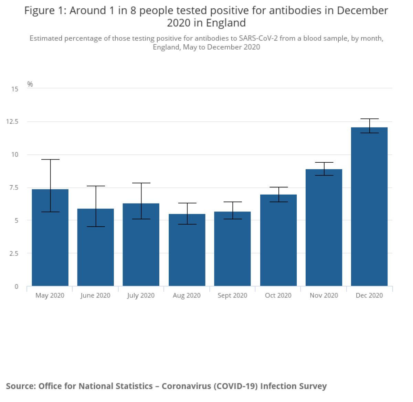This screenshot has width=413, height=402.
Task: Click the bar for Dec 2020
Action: coord(369,206)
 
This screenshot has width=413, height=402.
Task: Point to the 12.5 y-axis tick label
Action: coord(12,122)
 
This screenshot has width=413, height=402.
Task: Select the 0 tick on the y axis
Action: coord(16,286)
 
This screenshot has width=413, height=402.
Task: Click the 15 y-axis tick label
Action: coord(14,89)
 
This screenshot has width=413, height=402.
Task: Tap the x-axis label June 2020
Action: coord(95,295)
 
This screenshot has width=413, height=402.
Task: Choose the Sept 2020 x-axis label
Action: coord(232,295)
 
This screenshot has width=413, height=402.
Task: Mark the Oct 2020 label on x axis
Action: coord(278,295)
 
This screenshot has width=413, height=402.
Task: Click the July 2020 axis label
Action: coord(141,295)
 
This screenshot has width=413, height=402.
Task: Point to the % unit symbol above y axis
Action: coord(30,84)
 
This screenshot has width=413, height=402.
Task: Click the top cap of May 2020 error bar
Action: coord(50,160)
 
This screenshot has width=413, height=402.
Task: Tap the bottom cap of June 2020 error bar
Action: coord(96,227)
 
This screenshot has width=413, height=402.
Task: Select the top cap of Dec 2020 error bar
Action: coord(370,119)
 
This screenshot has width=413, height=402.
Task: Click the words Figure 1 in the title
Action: coord(44,11)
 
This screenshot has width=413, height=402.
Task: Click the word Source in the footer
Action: coord(21,386)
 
